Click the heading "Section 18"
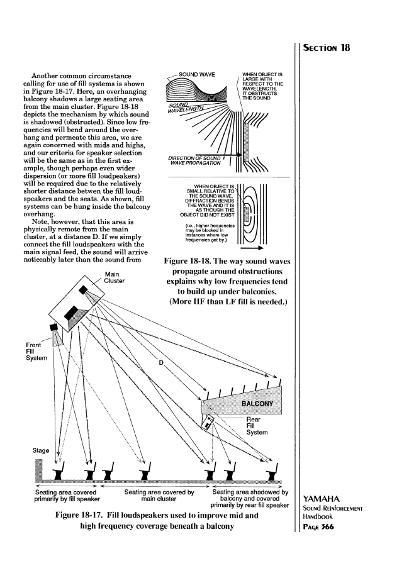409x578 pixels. [331, 48]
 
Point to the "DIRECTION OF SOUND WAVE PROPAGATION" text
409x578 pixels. [193, 160]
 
